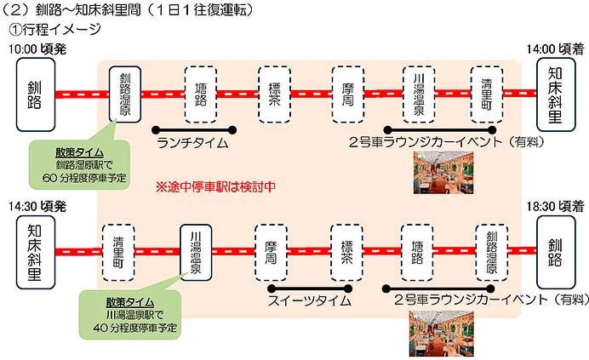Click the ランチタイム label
tap(193, 143)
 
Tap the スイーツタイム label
tap(309, 300)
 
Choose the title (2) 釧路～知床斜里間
tap(128, 9)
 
